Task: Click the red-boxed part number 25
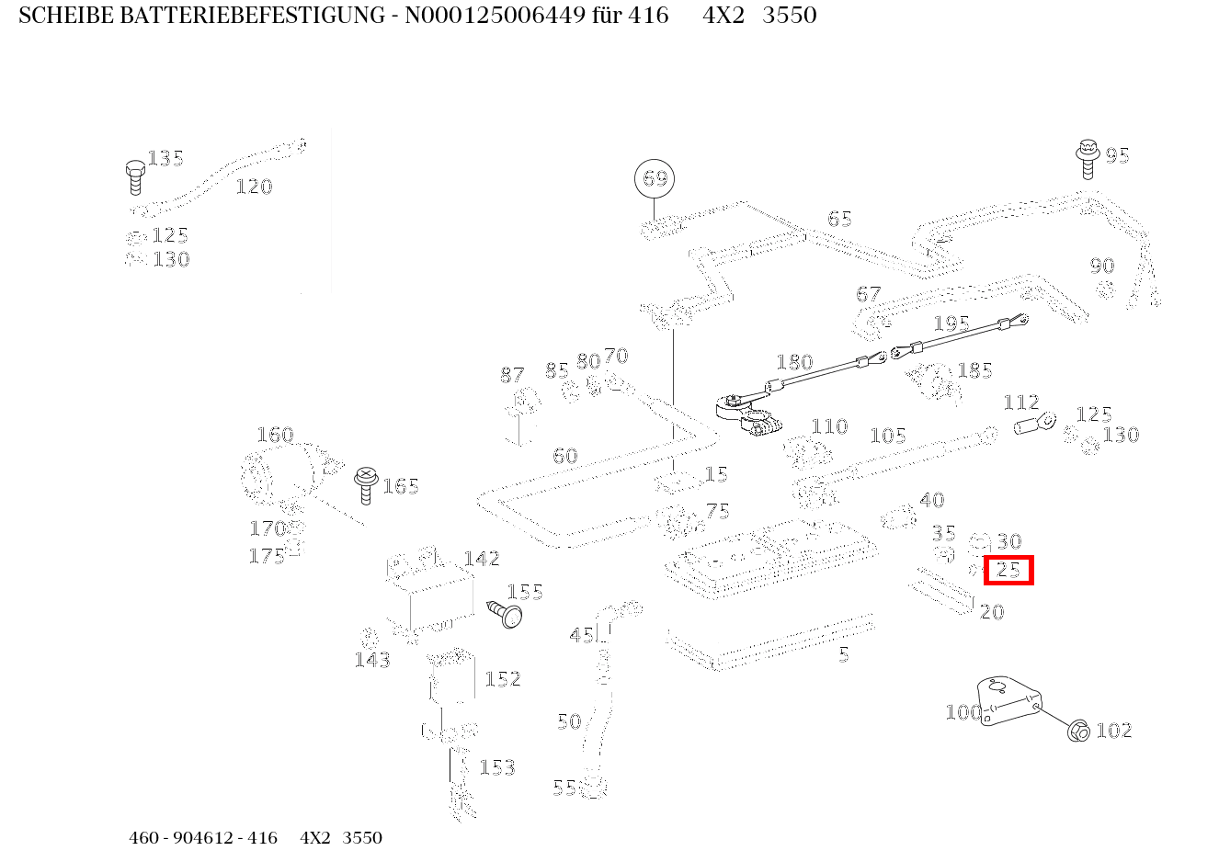point(1008,570)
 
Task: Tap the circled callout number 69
point(655,178)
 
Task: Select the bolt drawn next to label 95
point(1088,158)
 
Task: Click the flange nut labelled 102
point(1077,731)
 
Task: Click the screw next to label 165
point(366,483)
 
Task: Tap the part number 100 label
point(963,712)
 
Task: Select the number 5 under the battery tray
point(843,655)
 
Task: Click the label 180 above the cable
point(794,362)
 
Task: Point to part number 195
point(951,323)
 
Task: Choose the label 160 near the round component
point(274,435)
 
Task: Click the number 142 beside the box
point(481,559)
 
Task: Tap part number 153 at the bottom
point(496,767)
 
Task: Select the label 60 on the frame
point(564,456)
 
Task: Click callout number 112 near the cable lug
point(1020,403)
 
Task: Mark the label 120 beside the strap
point(254,187)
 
